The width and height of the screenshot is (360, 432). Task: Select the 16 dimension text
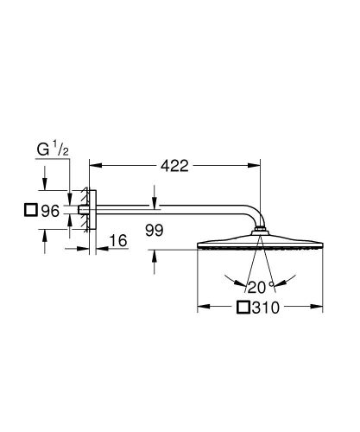click(118, 242)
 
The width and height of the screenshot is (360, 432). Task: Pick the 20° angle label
click(256, 286)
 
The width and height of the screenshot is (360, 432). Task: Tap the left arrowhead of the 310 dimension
click(202, 306)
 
